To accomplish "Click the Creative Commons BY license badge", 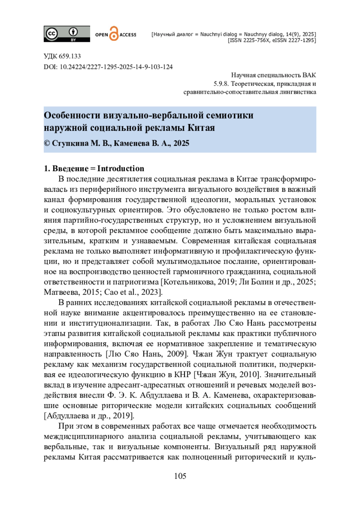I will click(67, 34).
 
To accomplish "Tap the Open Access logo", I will click(115, 34).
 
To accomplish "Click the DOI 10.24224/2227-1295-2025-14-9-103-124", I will click(116, 67).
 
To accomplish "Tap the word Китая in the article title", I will click(201, 128).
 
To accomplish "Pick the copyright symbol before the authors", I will click(47, 143).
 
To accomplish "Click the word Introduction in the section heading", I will click(121, 169).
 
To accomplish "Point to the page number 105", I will click(180, 476).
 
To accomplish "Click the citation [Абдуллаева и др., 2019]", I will click(89, 416).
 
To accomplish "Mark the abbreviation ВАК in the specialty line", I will click(309, 75).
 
